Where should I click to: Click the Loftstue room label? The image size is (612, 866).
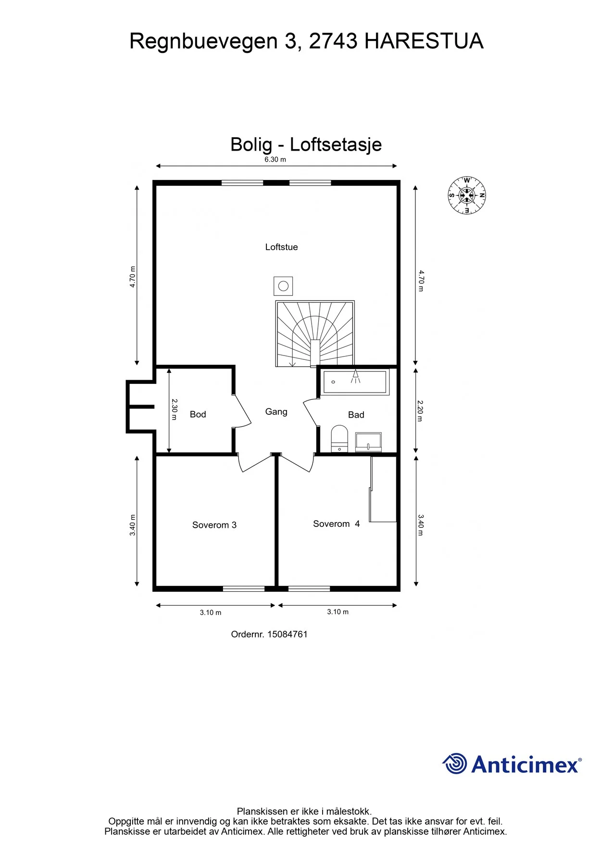click(281, 247)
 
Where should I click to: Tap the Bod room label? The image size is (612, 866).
click(198, 414)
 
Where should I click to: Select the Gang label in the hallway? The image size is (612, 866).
click(276, 412)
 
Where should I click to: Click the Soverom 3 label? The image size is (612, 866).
click(214, 525)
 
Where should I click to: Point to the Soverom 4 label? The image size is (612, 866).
click(336, 524)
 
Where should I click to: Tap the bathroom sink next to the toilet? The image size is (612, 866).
click(368, 442)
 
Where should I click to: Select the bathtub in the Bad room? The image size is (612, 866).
click(355, 382)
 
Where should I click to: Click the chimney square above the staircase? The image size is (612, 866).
click(283, 286)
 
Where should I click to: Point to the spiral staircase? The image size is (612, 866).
click(315, 334)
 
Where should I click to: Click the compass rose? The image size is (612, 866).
click(467, 195)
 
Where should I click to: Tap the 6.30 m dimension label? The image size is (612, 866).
click(275, 160)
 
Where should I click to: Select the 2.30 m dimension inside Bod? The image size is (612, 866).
click(175, 409)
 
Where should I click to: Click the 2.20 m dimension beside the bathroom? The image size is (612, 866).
click(420, 411)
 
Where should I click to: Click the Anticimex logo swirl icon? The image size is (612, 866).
click(455, 764)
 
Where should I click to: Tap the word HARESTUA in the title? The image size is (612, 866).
click(424, 41)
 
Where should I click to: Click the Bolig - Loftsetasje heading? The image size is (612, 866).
click(306, 145)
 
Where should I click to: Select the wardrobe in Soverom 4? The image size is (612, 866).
click(383, 489)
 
